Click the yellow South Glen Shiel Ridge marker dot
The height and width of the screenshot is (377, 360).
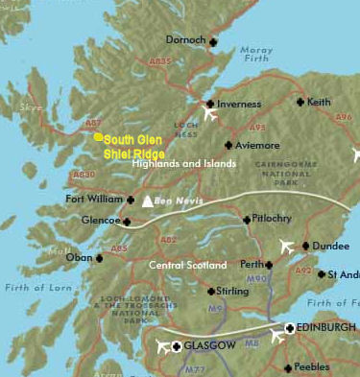[x=98, y=137]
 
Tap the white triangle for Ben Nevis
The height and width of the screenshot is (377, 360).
[x=147, y=201]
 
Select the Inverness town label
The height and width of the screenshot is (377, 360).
[x=239, y=104]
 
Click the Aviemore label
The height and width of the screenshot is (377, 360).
[x=257, y=145]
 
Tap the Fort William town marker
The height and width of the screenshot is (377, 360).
[x=131, y=200]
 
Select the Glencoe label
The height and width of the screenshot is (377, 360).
[x=100, y=221]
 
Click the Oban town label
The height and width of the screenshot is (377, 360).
[x=79, y=257]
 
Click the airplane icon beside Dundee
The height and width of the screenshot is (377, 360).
[x=285, y=247]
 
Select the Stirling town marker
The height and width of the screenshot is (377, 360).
[x=211, y=291]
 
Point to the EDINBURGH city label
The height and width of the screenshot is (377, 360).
[x=325, y=328]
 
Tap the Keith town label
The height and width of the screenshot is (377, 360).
[x=319, y=102]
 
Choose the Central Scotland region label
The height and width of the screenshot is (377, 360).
[x=188, y=264]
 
